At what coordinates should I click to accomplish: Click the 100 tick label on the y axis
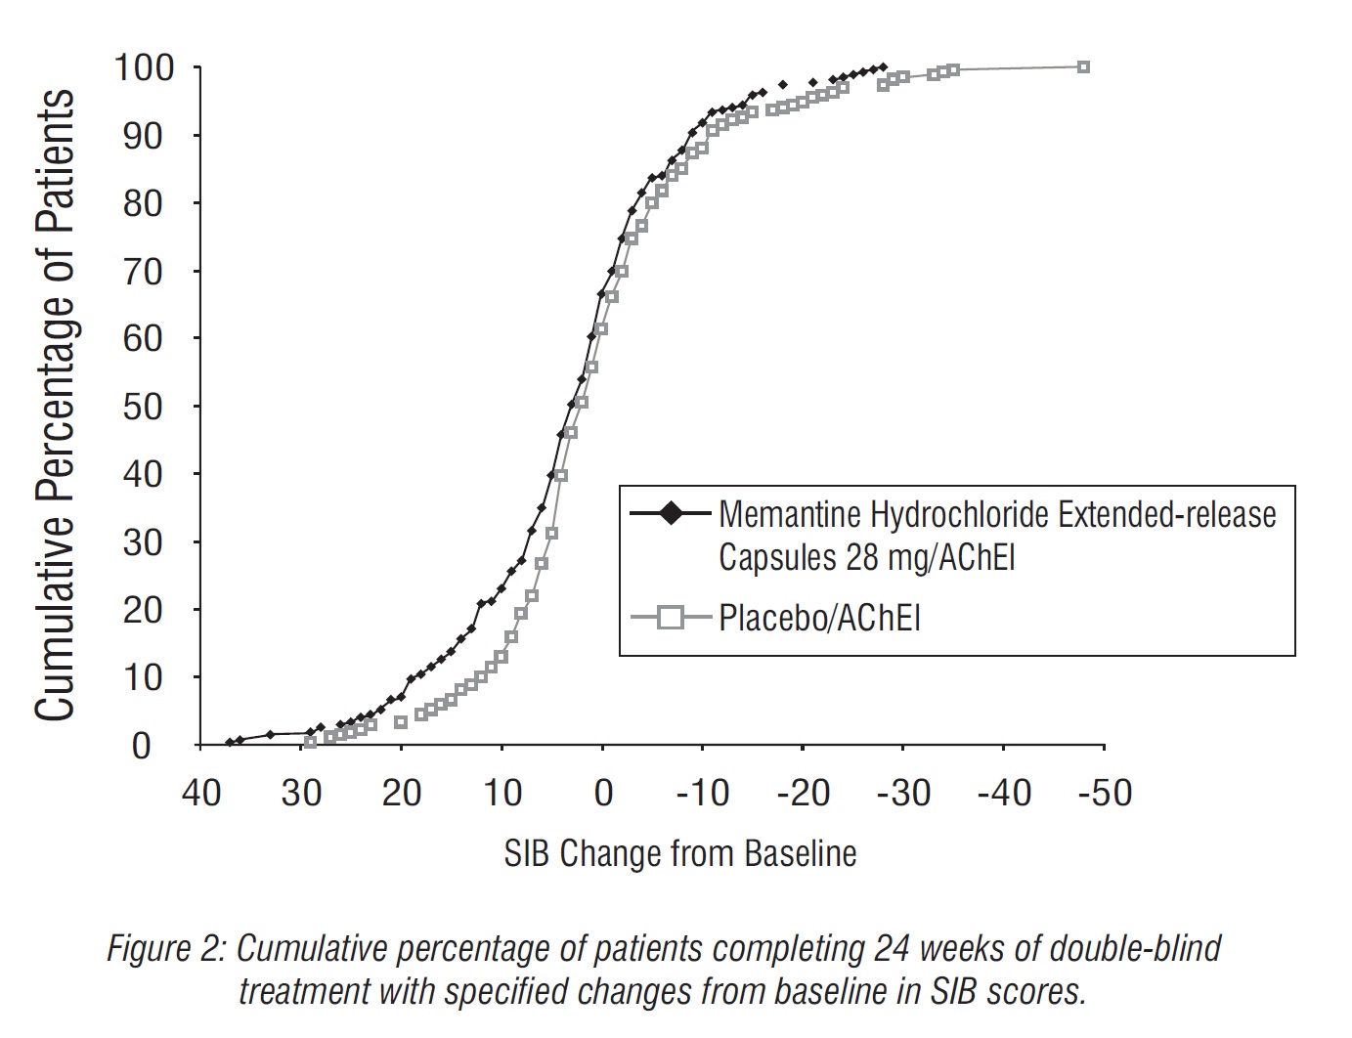point(144,68)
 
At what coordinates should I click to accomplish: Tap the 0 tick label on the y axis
point(141,747)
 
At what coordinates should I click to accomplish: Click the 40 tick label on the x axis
point(201,793)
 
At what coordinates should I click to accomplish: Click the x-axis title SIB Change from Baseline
point(680,853)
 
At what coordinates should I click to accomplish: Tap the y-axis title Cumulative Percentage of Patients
point(55,406)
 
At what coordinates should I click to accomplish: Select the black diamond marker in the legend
point(672,512)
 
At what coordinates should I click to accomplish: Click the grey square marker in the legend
point(672,617)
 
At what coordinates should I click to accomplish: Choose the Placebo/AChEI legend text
point(819,618)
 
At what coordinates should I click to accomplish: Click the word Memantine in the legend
point(790,513)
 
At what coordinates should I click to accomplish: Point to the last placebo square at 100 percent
point(1083,66)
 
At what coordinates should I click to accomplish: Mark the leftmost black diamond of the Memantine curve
point(230,743)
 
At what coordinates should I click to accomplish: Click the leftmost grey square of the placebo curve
point(311,742)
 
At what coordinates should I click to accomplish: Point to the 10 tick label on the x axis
point(502,793)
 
